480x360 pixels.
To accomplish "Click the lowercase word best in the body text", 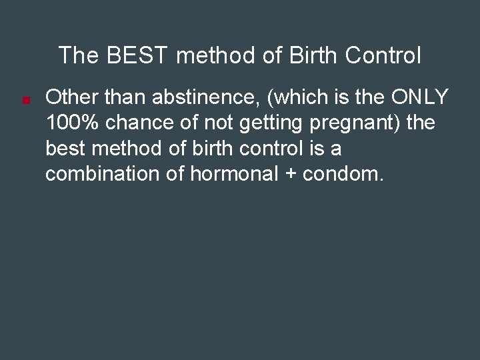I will click(x=65, y=149).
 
